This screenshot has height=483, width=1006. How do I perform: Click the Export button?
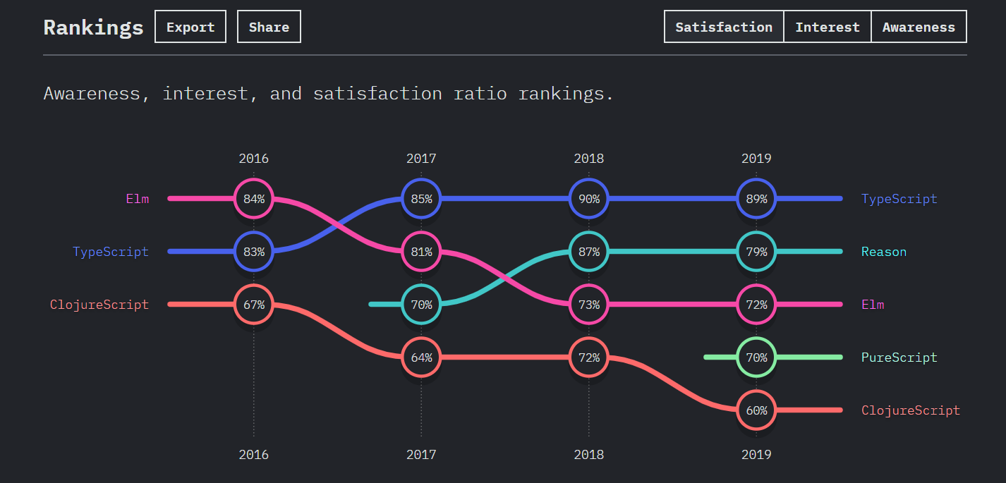[190, 27]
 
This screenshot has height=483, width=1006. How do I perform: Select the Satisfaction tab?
[724, 27]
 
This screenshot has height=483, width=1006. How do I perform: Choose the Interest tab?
[828, 27]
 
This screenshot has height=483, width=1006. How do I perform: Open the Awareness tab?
[919, 27]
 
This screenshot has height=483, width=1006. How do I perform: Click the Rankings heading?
[93, 27]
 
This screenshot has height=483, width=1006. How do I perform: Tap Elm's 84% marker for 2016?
[254, 199]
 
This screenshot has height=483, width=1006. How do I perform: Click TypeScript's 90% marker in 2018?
[589, 199]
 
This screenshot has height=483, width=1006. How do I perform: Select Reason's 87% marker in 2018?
[589, 252]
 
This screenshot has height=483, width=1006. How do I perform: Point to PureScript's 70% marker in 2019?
[756, 357]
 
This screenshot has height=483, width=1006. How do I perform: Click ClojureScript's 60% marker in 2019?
[756, 410]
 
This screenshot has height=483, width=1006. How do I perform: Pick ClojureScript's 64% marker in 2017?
[421, 357]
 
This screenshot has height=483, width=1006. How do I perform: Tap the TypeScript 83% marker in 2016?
[254, 252]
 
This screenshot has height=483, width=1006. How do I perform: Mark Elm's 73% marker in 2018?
[589, 305]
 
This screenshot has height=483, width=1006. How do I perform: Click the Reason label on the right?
[883, 252]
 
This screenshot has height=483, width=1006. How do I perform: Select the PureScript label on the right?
[899, 357]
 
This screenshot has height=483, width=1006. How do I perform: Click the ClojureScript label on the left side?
[99, 305]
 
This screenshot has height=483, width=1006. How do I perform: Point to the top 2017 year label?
[421, 159]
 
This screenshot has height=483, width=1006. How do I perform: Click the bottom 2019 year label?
[756, 455]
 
